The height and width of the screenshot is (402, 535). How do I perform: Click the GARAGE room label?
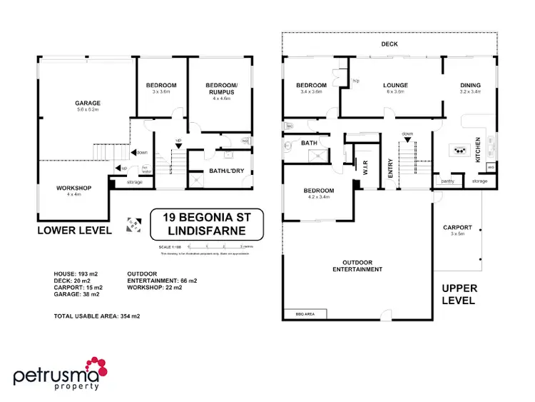coord(88,103)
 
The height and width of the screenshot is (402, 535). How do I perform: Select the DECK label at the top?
coord(389,44)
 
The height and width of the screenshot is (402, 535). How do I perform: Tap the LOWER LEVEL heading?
coord(75,230)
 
